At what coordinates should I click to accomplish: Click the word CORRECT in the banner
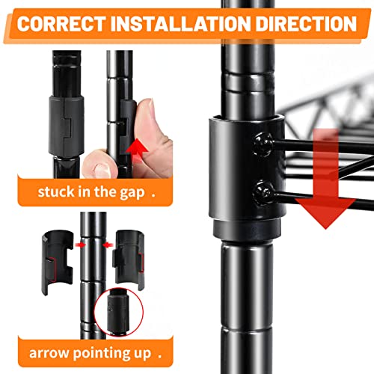pos(61,24)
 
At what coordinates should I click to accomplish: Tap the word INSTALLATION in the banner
pos(180,24)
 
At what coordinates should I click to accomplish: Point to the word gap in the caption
pos(132,193)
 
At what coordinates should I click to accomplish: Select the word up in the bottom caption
pos(142,354)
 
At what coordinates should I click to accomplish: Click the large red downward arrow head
pos(325,212)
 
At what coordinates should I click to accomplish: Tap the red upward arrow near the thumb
pos(136,152)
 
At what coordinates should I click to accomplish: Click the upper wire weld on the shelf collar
pos(263,144)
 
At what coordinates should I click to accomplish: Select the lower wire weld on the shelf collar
pos(263,193)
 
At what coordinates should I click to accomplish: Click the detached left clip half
pos(56,262)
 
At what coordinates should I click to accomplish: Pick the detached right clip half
pos(129,260)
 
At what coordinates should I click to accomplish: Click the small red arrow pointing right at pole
pos(80,245)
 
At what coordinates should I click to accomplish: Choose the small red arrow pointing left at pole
pos(108,245)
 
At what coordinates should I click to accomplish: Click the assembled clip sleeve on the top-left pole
pos(66,126)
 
